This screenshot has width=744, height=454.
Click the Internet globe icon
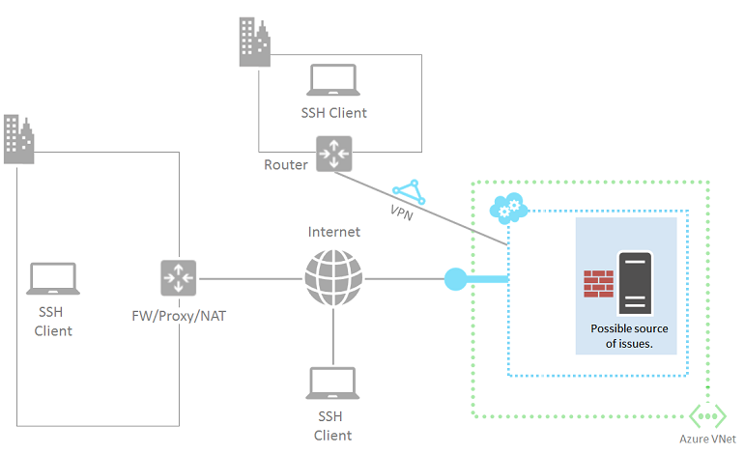[333, 279]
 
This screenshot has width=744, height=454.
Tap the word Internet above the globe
[333, 232]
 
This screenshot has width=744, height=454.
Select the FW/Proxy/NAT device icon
[179, 278]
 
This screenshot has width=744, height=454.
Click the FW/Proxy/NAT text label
[180, 315]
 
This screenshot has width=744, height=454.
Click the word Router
[285, 164]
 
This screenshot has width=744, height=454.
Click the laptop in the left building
[54, 278]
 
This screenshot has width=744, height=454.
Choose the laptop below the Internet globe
[333, 383]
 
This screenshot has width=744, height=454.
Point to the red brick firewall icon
[598, 283]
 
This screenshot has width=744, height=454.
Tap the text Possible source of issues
[629, 335]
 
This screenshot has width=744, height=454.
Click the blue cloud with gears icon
[507, 208]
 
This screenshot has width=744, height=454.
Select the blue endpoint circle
[456, 280]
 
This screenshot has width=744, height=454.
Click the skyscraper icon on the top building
[255, 43]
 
